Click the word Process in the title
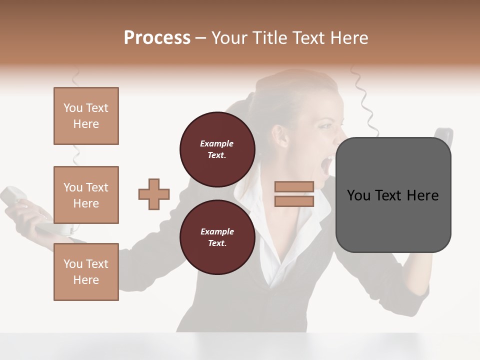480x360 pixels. click(157, 38)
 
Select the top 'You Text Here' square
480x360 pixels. click(86, 116)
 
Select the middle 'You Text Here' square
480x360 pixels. click(86, 195)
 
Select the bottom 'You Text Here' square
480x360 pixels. click(86, 271)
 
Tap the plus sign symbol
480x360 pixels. click(154, 194)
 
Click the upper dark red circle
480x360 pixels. click(217, 149)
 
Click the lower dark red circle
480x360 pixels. click(217, 237)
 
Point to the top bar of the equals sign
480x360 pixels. click(294, 187)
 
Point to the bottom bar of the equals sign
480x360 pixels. click(294, 201)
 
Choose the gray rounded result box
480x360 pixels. click(393, 195)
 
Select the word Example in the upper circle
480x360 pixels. click(216, 143)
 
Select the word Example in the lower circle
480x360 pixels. click(217, 231)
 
